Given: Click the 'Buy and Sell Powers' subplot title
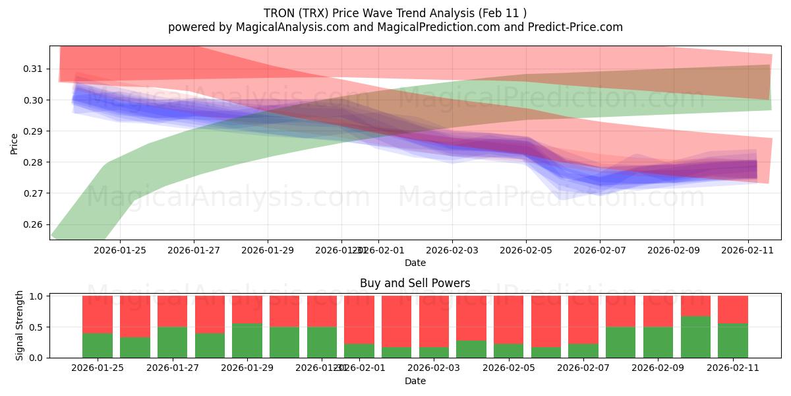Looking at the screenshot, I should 415,283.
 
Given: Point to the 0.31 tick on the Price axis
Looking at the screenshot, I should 33,69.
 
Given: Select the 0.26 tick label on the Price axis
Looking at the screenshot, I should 33,224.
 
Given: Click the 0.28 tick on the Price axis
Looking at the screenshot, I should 33,162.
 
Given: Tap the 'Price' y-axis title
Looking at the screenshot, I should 15,143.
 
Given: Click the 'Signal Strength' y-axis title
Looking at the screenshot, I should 20,325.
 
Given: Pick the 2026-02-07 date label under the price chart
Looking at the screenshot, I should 599,250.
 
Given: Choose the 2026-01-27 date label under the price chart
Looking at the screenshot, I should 193,250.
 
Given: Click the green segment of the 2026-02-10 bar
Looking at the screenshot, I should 695,337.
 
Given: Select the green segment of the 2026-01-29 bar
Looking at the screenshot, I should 247,341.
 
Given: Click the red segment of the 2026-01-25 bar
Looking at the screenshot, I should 98,314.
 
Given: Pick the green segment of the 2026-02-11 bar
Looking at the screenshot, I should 733,341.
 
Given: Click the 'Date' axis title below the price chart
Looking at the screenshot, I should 415,263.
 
